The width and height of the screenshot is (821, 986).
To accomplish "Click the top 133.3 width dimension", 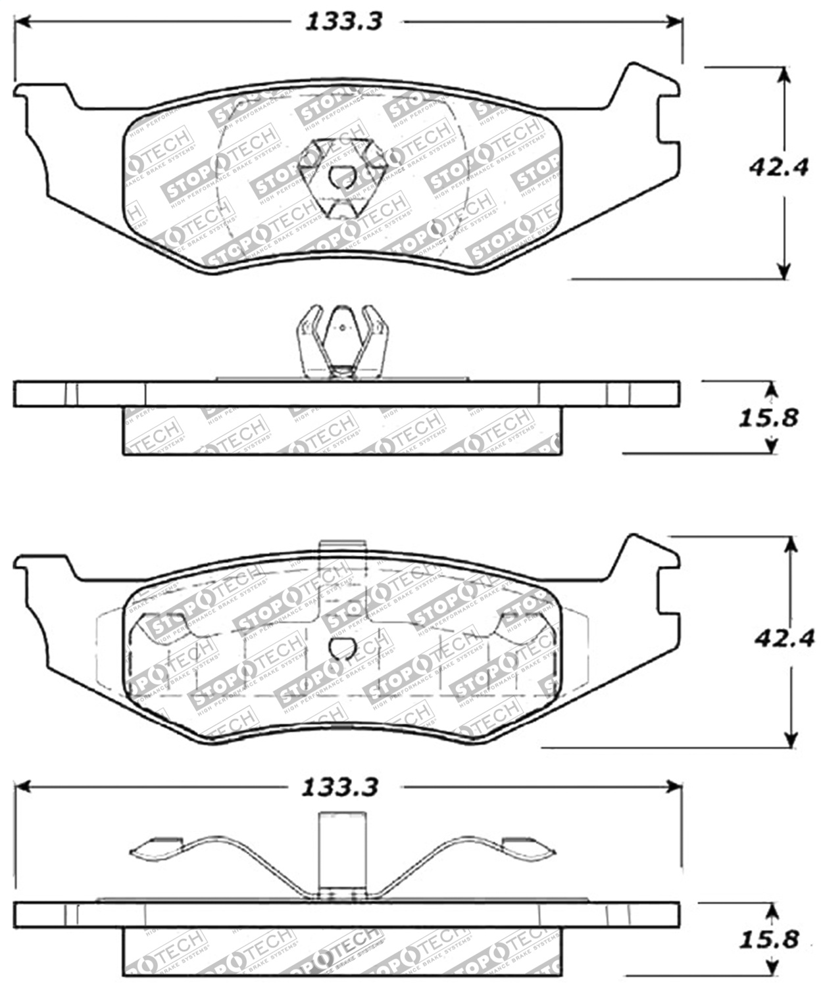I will pos(343,22).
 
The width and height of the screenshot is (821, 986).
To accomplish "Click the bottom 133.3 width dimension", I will pos(339,787).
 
